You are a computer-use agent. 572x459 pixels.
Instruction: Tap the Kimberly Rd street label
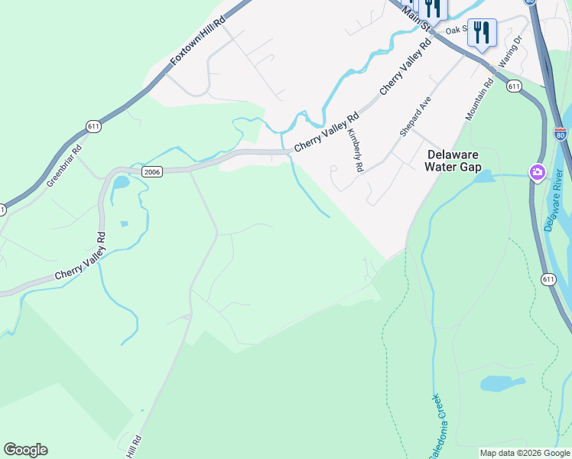355,148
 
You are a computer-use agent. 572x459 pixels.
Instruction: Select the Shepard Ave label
411,116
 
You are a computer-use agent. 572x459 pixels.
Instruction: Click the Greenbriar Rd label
63,168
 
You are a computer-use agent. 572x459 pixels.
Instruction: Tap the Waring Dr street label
509,50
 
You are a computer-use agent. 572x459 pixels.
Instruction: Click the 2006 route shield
151,172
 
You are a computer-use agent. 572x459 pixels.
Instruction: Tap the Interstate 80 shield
561,134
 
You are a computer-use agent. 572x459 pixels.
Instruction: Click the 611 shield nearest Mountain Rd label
514,86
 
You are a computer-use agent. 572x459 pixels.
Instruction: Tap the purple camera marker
538,172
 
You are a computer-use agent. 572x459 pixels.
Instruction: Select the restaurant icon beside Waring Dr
482,32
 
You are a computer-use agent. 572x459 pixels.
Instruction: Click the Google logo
25,450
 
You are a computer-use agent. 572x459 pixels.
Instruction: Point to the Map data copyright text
525,453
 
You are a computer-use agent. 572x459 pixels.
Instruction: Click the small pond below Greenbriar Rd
121,183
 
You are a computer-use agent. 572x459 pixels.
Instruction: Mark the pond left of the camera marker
483,177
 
